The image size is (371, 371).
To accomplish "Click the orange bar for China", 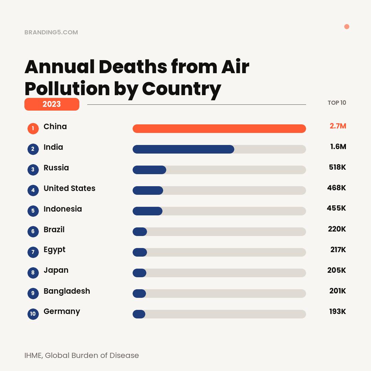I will [x=219, y=128].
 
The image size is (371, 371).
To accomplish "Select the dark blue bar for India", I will [x=183, y=149].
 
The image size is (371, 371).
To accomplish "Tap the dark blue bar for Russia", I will [x=149, y=170].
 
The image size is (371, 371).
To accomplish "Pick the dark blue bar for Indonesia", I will [x=147, y=211].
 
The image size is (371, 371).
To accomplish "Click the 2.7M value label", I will [x=338, y=126].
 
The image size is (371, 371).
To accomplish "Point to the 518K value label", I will [x=337, y=167].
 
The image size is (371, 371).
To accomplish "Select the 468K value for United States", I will [x=336, y=188].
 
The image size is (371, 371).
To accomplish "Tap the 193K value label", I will [x=337, y=312].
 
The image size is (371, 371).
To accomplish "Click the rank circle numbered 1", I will [x=33, y=128].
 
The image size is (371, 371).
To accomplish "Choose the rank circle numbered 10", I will [x=33, y=314].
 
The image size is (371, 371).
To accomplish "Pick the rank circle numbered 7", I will [x=33, y=252].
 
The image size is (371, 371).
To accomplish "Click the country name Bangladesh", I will [x=67, y=291].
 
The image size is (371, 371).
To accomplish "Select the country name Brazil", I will [x=54, y=229].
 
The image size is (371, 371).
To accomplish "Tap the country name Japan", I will [x=56, y=270].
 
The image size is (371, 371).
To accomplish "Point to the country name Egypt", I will [x=54, y=250].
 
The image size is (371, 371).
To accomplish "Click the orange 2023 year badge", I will [x=52, y=104].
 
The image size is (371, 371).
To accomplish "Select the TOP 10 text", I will [x=337, y=103].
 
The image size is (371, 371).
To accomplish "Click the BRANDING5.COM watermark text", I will [x=51, y=32].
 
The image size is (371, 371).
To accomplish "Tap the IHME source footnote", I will [x=82, y=356].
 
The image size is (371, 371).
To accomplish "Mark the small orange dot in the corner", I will [x=347, y=27].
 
